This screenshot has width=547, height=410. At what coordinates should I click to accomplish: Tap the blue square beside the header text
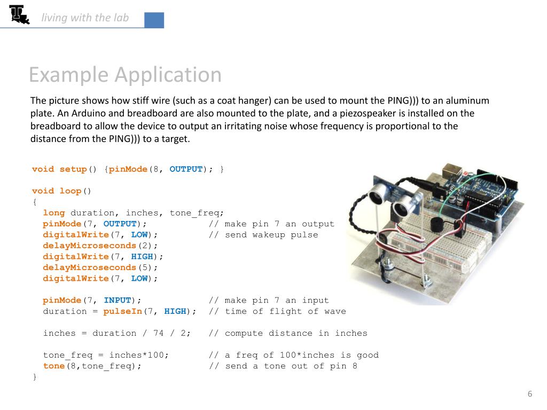point(154,20)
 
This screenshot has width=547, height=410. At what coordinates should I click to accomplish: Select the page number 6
point(530,394)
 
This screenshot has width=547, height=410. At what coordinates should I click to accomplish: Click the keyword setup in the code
point(73,169)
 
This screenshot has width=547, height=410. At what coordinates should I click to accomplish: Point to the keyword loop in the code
point(71,191)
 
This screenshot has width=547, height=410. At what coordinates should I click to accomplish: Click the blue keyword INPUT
point(117,301)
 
